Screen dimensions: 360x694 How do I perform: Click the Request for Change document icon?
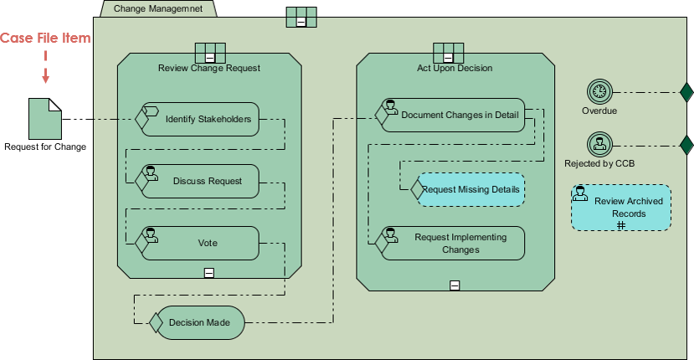click(45, 118)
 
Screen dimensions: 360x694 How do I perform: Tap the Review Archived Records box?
click(621, 208)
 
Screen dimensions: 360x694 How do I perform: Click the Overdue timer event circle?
click(599, 91)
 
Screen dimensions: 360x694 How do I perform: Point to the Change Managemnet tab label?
click(157, 8)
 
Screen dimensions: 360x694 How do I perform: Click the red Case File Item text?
click(45, 39)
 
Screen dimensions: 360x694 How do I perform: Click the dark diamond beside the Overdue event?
click(686, 91)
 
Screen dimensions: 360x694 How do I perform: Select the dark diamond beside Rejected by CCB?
click(686, 144)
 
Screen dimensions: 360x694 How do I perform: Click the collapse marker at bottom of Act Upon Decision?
click(455, 285)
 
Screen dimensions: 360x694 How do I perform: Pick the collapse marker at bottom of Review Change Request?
click(208, 272)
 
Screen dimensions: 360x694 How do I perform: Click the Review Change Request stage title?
click(208, 68)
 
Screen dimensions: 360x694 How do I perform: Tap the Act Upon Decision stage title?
click(455, 68)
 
